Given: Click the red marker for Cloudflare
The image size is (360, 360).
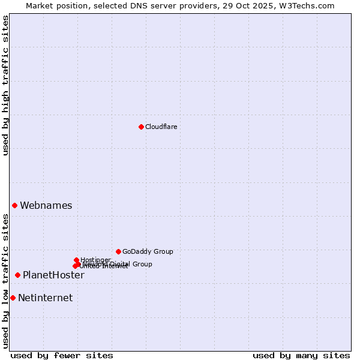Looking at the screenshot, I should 141,127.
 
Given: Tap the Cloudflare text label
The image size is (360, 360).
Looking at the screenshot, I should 161,127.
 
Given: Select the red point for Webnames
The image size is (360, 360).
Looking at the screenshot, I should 14,205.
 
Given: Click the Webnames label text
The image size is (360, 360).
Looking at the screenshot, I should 46,205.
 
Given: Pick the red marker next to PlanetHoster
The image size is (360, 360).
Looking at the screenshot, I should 17,275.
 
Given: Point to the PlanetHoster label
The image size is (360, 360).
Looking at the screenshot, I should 53,275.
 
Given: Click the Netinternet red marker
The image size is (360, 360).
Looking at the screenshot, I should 13,298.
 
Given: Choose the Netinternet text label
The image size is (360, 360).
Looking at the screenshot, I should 45,298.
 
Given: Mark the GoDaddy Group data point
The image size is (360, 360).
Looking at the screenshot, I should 118,251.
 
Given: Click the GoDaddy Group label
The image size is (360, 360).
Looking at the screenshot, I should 148,251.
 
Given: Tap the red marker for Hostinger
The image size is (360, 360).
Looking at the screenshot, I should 76,260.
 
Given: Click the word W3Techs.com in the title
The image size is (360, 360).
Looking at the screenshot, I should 309,5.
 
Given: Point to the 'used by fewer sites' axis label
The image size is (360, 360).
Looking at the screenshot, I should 62,355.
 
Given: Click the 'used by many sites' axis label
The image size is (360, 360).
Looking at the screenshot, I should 301,355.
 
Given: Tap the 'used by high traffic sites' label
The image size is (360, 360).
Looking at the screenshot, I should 5,85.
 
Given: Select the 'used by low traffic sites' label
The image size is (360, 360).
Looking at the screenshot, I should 5,281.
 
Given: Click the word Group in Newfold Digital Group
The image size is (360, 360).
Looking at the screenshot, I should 142,264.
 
